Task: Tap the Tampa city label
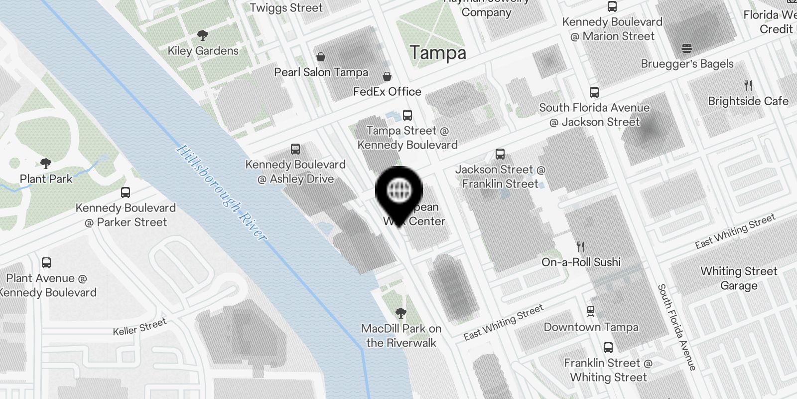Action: pos(438,53)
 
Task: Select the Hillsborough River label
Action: pos(222,193)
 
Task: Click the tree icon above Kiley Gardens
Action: pos(202,35)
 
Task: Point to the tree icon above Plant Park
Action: pos(46,163)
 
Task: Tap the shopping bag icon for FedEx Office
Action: pos(387,76)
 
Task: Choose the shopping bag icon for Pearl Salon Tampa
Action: pos(321,57)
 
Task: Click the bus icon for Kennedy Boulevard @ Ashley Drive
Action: pos(295,149)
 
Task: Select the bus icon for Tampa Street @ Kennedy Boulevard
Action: pos(407,115)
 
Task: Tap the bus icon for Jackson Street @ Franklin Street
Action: pos(500,154)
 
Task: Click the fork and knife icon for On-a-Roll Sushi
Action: pos(581,246)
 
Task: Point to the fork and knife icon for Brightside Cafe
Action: pos(748,85)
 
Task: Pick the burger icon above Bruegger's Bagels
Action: pos(687,48)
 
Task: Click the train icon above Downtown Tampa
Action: pos(591,312)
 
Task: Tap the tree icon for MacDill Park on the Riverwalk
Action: pos(400,313)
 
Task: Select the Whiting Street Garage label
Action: pos(739,278)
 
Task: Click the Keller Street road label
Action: pos(139,327)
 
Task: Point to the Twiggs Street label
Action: pos(286,7)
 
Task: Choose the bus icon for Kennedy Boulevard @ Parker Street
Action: pos(126,193)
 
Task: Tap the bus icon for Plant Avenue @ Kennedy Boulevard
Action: pos(46,263)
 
